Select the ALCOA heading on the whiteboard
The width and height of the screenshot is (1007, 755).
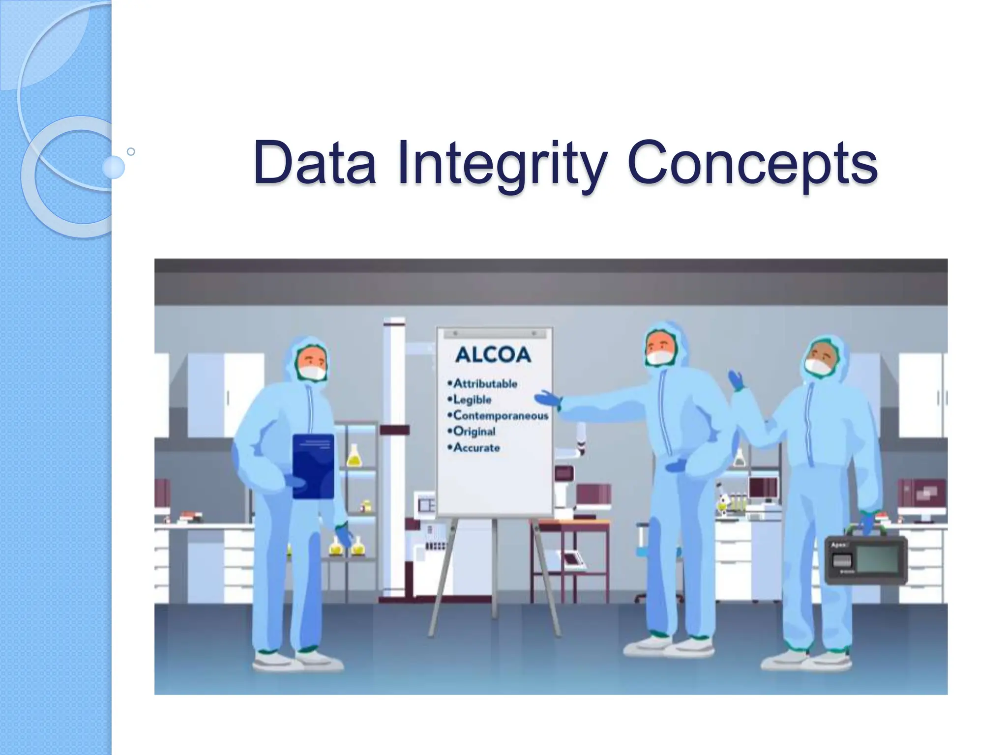pyautogui.click(x=493, y=355)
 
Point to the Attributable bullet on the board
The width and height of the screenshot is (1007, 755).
pyautogui.click(x=485, y=383)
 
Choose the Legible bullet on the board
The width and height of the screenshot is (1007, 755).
pyautogui.click(x=472, y=400)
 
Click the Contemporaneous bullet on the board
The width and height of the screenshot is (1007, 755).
pyautogui.click(x=500, y=415)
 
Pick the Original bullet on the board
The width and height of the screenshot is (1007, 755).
pyautogui.click(x=474, y=432)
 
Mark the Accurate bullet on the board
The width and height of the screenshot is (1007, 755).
pyautogui.click(x=476, y=448)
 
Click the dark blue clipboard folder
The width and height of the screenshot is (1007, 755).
pyautogui.click(x=313, y=465)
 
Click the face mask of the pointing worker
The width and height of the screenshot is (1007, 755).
pyautogui.click(x=659, y=357)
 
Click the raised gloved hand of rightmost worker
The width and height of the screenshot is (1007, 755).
pyautogui.click(x=736, y=380)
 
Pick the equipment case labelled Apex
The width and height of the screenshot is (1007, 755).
pyautogui.click(x=865, y=560)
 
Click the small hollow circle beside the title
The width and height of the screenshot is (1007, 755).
pyautogui.click(x=131, y=151)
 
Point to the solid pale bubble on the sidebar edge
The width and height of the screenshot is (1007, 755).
pyautogui.click(x=114, y=167)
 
